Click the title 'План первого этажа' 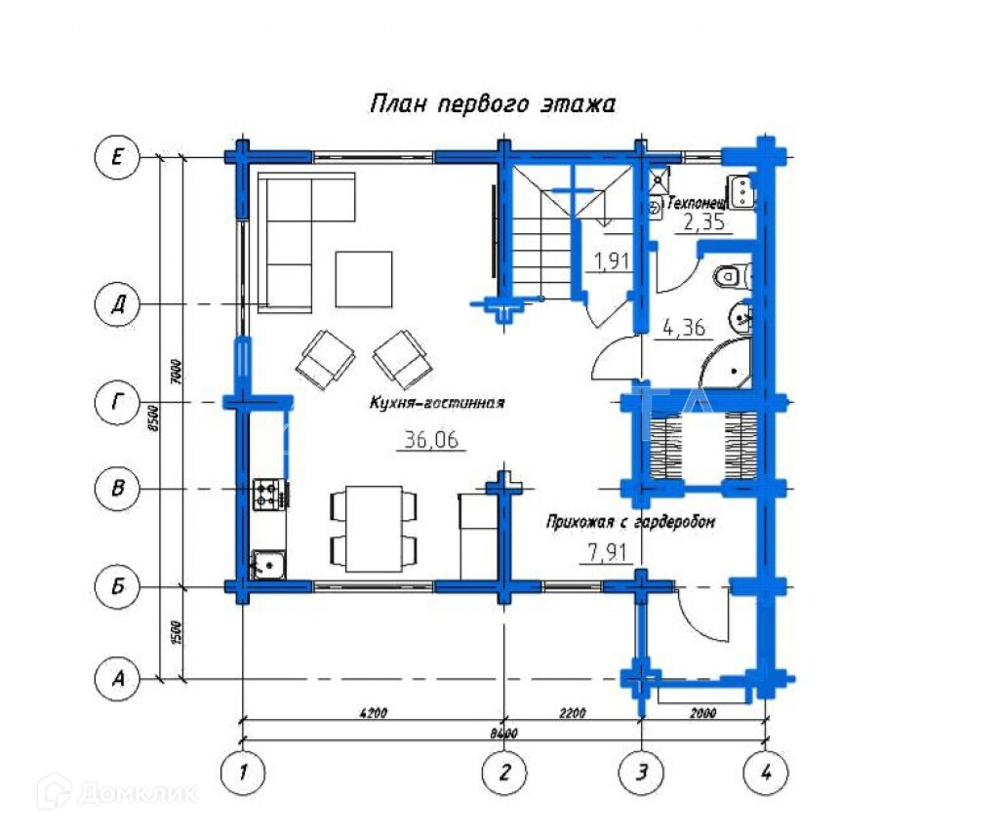tap(492, 104)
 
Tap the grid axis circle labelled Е tap(117, 157)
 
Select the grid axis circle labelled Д tap(117, 305)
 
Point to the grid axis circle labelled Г tap(117, 401)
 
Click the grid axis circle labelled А tap(117, 678)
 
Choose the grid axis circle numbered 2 tap(505, 774)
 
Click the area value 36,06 tap(430, 440)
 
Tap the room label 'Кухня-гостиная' tap(436, 402)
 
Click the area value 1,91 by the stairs tap(613, 260)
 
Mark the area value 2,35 tap(702, 222)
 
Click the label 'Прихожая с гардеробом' tap(630, 522)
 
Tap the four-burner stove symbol tap(266, 494)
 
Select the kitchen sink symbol tap(267, 564)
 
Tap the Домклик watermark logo tap(117, 793)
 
